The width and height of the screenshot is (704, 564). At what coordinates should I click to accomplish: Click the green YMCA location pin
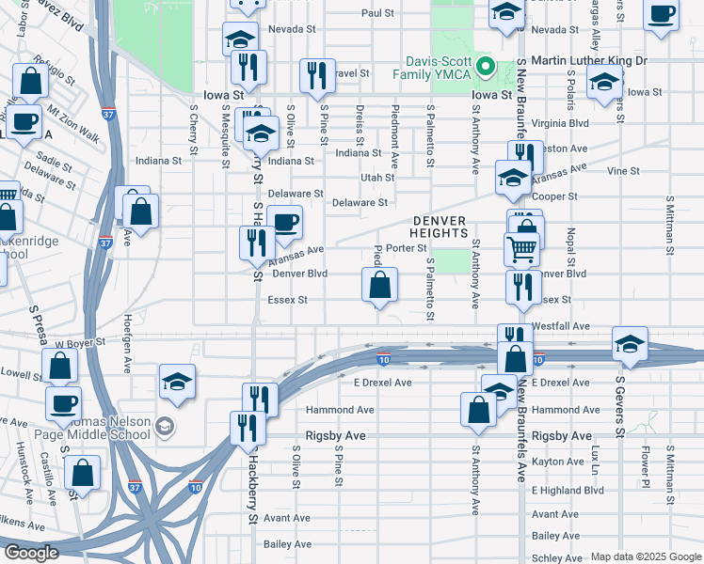pos(486,66)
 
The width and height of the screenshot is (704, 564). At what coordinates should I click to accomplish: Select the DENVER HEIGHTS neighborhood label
pos(440,226)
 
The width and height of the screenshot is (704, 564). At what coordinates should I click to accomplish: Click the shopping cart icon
pos(521,249)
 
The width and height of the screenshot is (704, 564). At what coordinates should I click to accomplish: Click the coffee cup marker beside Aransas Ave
pos(285,223)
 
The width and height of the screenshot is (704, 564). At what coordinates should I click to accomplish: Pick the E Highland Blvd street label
pos(567,490)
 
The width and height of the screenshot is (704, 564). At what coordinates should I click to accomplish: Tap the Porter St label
pos(407,248)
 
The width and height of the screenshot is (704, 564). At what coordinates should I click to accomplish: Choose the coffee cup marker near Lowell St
pos(64,403)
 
